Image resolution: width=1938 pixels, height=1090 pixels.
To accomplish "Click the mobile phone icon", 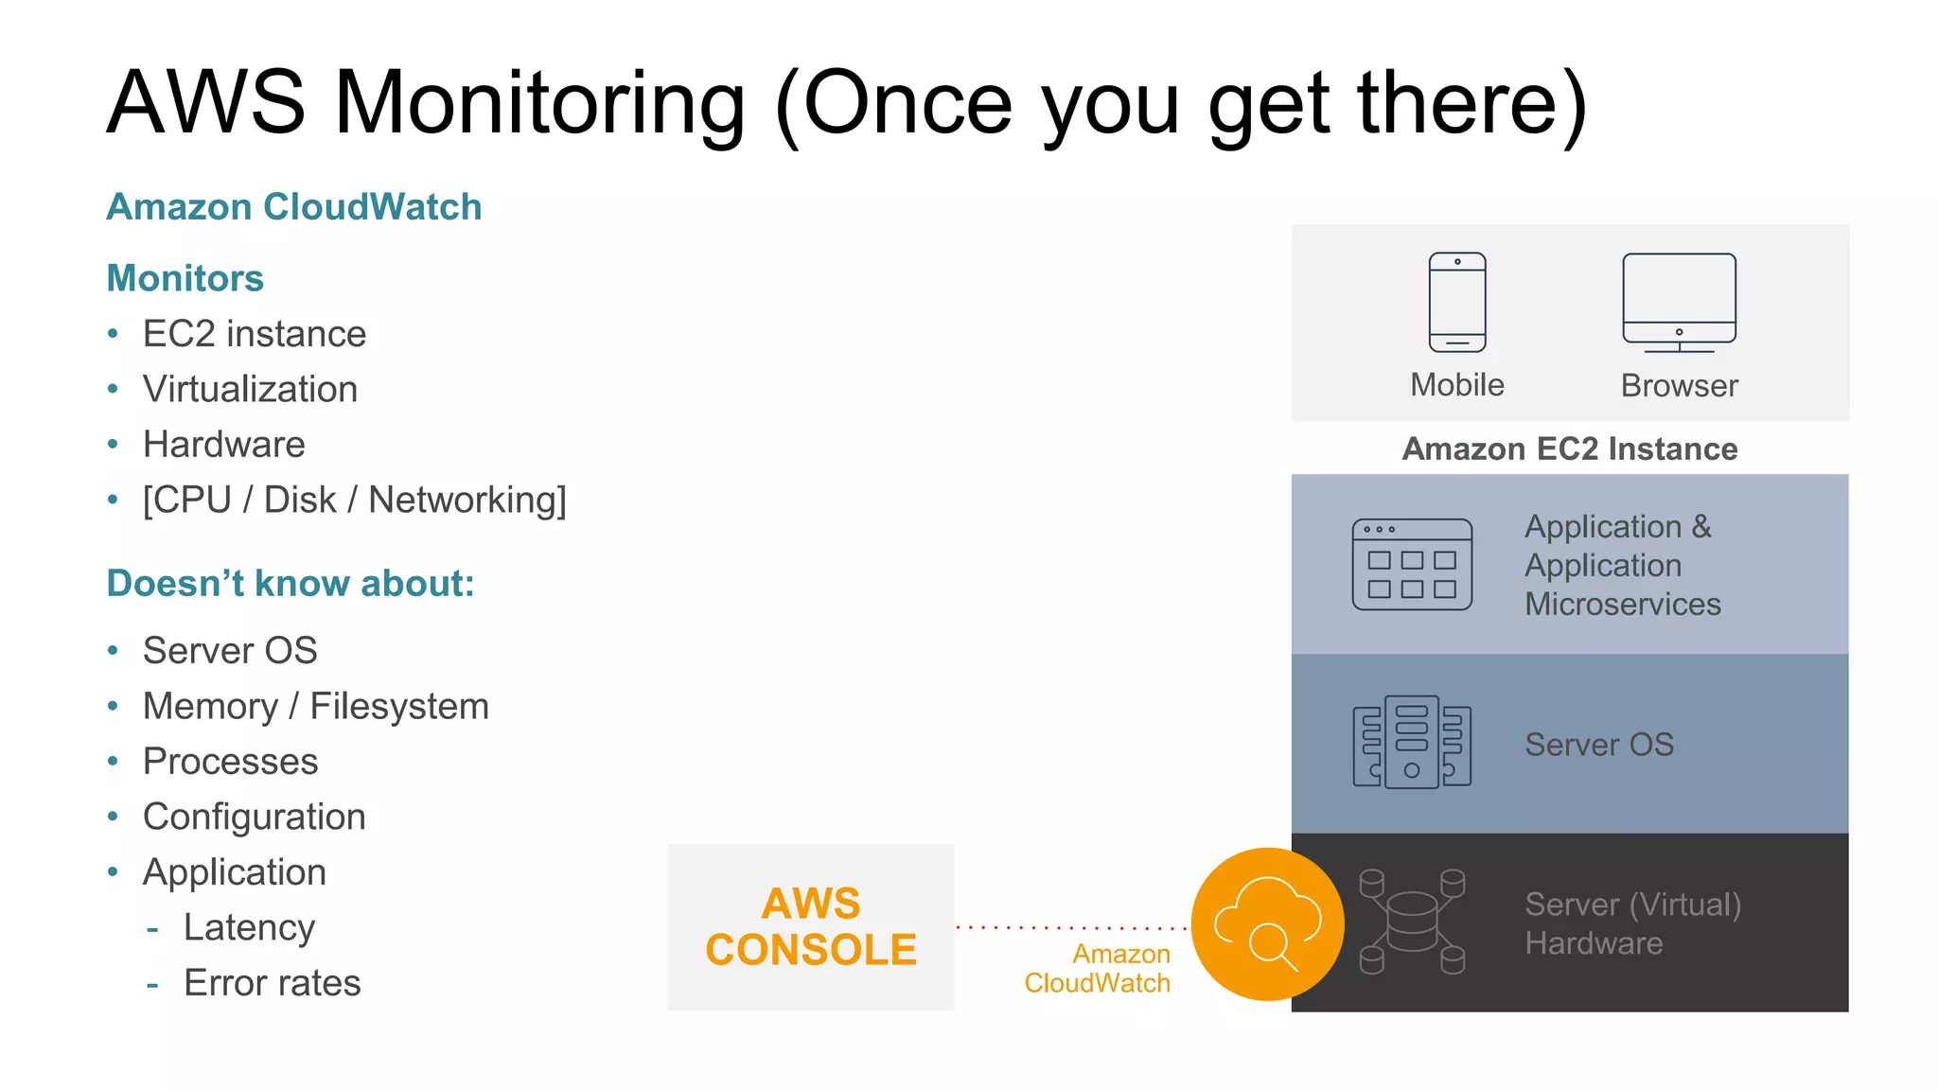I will click(1457, 302).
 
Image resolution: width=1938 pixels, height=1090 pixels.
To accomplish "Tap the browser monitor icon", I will click(1679, 302).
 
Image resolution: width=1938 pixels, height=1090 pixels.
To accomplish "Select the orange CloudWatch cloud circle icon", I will click(1267, 924).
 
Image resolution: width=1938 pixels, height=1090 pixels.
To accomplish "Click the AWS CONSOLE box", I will click(811, 927).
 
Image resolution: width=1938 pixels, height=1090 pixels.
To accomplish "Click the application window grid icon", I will click(1412, 565).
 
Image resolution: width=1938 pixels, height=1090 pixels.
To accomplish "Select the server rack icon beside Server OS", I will click(1412, 743).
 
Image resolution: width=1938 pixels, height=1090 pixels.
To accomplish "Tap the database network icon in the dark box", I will click(1412, 923).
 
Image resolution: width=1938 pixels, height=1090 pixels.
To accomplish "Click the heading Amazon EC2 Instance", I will click(1570, 448).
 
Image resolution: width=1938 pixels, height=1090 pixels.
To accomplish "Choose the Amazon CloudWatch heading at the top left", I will click(294, 207).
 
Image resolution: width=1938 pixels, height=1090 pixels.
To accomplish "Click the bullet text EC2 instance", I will click(254, 334).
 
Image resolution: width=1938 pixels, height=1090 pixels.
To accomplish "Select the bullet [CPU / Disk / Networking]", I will click(354, 500).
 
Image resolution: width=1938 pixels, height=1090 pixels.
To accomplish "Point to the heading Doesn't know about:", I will click(291, 584).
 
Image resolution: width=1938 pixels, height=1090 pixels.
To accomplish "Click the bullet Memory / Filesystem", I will click(315, 706).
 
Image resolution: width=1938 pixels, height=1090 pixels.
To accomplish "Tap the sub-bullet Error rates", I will click(272, 983).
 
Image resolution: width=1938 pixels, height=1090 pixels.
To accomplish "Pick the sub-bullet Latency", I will click(249, 927).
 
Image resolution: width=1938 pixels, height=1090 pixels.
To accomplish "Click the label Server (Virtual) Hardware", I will click(1632, 923).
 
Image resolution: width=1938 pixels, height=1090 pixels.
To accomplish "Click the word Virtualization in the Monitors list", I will click(250, 389).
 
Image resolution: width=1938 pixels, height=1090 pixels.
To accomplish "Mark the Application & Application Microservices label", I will click(1622, 565).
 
